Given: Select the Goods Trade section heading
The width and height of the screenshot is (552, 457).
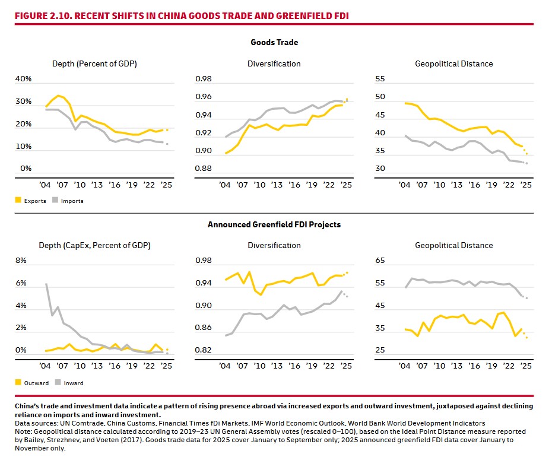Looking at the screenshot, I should pos(274,43).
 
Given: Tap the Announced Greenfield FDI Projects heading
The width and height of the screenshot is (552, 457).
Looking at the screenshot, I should pos(274,224).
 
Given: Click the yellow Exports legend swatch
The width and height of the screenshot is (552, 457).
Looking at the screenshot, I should pos(18,201).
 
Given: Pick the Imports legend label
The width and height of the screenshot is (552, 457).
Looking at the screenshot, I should pos(72,201).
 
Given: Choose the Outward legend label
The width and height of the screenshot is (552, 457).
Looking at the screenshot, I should pos(37,383).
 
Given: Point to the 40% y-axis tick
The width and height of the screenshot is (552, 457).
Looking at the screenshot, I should pos(23,79).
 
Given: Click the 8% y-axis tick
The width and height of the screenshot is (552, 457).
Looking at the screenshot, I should pos(21,261).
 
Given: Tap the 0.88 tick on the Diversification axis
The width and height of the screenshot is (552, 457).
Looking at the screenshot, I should pos(204,169).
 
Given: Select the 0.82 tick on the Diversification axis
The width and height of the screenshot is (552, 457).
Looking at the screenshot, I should pos(204,351).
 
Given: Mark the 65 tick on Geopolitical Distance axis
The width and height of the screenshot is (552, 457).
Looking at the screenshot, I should pos(380,261).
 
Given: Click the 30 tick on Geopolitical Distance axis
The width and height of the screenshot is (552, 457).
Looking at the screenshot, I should pos(380,169).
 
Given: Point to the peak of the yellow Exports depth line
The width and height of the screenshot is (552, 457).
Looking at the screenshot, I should pos(58,95).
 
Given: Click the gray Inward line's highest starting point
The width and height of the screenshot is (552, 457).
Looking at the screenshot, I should pos(46,284).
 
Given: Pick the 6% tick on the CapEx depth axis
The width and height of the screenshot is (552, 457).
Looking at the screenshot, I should pos(21,283).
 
